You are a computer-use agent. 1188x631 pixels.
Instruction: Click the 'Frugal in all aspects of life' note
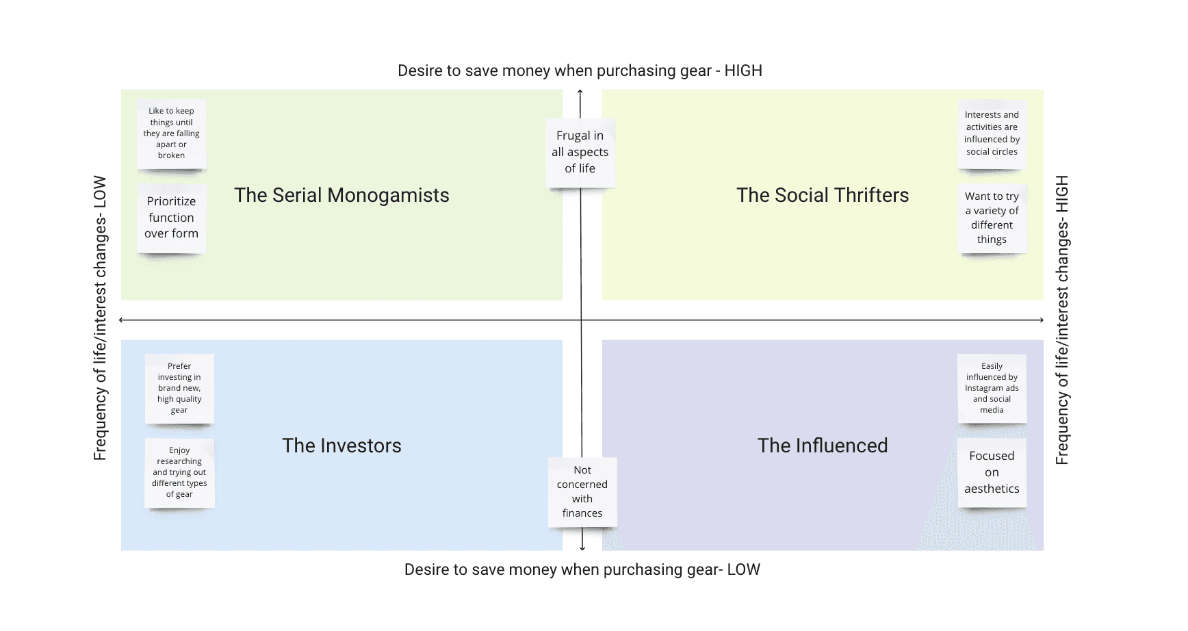[x=580, y=152]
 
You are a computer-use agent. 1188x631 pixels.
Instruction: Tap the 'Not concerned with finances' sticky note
[x=582, y=491]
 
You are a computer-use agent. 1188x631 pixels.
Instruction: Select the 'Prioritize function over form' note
[x=171, y=218]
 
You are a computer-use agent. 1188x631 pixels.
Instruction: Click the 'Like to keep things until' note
[x=171, y=133]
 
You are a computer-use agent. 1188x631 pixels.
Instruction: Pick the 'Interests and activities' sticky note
[x=992, y=133]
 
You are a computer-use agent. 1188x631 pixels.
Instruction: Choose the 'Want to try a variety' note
[x=992, y=218]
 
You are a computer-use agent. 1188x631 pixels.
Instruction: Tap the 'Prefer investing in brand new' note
[x=179, y=388]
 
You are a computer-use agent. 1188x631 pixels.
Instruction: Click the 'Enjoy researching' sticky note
[x=179, y=472]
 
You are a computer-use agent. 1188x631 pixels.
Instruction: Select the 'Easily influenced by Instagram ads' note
[x=992, y=388]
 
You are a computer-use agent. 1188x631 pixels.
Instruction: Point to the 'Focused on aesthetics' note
[x=992, y=472]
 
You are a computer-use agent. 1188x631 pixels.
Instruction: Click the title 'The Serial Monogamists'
[x=341, y=196]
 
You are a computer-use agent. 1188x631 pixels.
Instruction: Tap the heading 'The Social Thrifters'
[x=823, y=196]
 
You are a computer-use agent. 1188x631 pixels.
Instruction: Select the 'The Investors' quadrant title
[x=341, y=446]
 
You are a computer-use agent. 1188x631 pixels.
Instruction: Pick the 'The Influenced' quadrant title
[x=823, y=446]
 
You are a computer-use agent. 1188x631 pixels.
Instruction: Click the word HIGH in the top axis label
[x=743, y=71]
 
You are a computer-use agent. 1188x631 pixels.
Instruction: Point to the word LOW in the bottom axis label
[x=744, y=570]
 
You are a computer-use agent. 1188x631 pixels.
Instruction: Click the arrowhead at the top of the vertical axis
[x=580, y=92]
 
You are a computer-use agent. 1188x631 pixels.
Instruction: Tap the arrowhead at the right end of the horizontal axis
[x=1041, y=320]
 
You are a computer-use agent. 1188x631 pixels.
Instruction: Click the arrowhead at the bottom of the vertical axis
[x=582, y=548]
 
